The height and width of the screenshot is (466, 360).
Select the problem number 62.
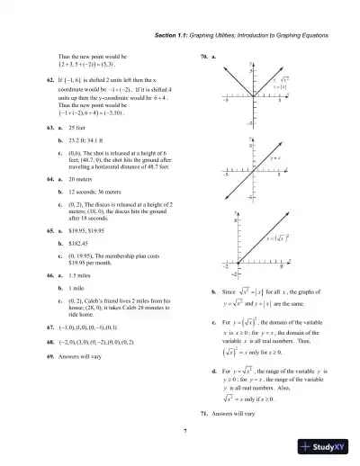(x=49, y=80)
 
